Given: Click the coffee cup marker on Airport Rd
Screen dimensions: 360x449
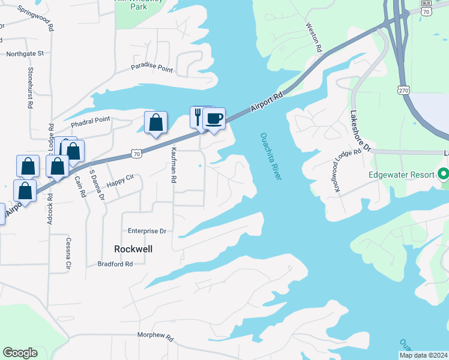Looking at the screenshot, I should (x=214, y=118).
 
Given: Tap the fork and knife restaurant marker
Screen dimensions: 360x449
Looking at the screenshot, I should (x=199, y=116).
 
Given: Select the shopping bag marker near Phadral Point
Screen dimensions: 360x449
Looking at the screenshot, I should (x=156, y=123).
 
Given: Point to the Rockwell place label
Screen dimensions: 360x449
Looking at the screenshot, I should (x=133, y=248).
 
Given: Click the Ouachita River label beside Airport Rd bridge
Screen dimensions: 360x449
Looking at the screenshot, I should (x=270, y=155).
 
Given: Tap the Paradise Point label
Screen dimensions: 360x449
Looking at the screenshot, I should (x=152, y=70).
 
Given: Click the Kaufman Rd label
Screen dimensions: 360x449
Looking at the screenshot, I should (x=173, y=164).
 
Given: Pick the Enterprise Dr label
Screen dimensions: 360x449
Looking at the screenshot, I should (x=146, y=230).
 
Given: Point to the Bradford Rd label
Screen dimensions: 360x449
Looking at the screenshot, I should (x=115, y=264).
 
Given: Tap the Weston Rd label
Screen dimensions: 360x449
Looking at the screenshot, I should (x=315, y=37).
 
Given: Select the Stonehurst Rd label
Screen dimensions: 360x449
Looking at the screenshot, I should (x=29, y=87).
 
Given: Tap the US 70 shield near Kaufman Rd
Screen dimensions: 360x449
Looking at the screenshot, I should (x=137, y=154).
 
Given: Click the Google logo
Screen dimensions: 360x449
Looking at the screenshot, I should (x=20, y=353).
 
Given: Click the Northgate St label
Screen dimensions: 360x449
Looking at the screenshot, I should (x=25, y=53).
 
